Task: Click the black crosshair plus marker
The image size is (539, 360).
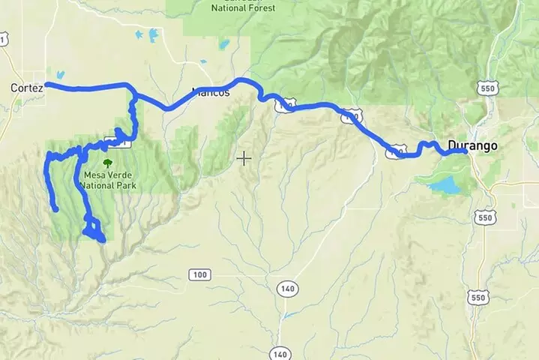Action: pyautogui.click(x=244, y=158)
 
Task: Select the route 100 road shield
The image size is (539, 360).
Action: pyautogui.click(x=199, y=275)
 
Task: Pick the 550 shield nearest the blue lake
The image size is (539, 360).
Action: pyautogui.click(x=484, y=217)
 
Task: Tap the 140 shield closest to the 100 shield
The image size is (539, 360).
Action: pyautogui.click(x=286, y=288)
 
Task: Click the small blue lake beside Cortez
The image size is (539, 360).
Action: pyautogui.click(x=59, y=75)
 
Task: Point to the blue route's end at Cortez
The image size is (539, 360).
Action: pyautogui.click(x=46, y=85)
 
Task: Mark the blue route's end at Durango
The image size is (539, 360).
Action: pyautogui.click(x=465, y=151)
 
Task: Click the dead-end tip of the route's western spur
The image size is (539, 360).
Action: pyautogui.click(x=55, y=210)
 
